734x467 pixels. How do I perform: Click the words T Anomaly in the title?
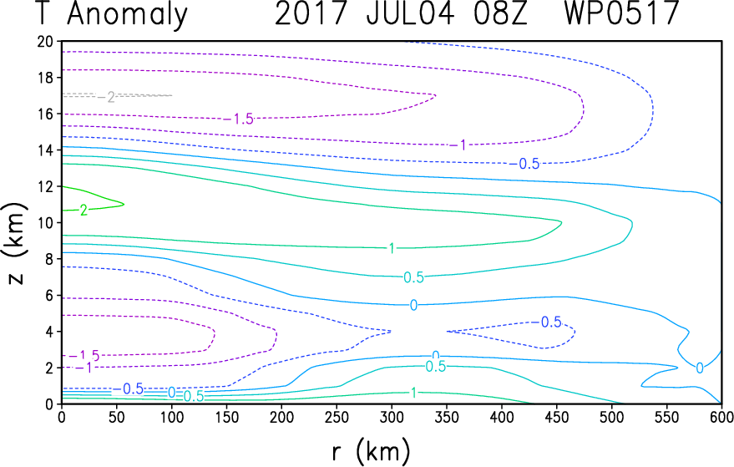point(111,14)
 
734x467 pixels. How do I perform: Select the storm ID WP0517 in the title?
point(621,13)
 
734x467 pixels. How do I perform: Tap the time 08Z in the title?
point(500,13)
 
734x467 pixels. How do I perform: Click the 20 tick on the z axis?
point(45,41)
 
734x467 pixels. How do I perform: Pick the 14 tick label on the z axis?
point(45,150)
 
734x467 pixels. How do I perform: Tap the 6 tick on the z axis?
point(49,295)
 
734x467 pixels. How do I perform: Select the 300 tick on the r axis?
point(392,416)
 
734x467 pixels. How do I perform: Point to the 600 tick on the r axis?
point(721,416)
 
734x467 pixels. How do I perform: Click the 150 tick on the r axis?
point(226,416)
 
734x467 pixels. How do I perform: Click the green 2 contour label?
point(84,211)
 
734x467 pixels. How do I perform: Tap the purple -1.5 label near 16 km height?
point(239,119)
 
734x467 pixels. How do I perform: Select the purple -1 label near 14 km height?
point(458,145)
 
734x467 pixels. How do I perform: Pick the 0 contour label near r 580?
point(700,368)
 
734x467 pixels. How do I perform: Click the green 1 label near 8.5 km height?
point(392,248)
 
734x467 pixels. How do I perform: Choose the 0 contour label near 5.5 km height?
point(413,306)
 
